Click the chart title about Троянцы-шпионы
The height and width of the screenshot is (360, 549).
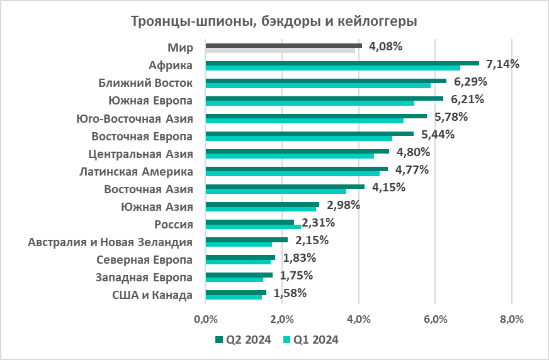pyautogui.click(x=274, y=21)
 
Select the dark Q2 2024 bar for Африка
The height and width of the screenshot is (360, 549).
pyautogui.click(x=342, y=63)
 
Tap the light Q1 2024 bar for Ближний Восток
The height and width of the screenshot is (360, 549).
pyautogui.click(x=318, y=86)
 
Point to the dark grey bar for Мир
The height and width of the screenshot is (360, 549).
pyautogui.click(x=283, y=45)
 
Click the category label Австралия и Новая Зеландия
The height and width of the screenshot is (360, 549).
pyautogui.click(x=111, y=242)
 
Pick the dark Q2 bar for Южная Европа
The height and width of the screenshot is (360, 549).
pyautogui.click(x=324, y=98)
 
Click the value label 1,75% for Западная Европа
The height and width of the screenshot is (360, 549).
pyautogui.click(x=297, y=275)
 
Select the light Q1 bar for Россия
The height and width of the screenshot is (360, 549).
pyautogui.click(x=253, y=227)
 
